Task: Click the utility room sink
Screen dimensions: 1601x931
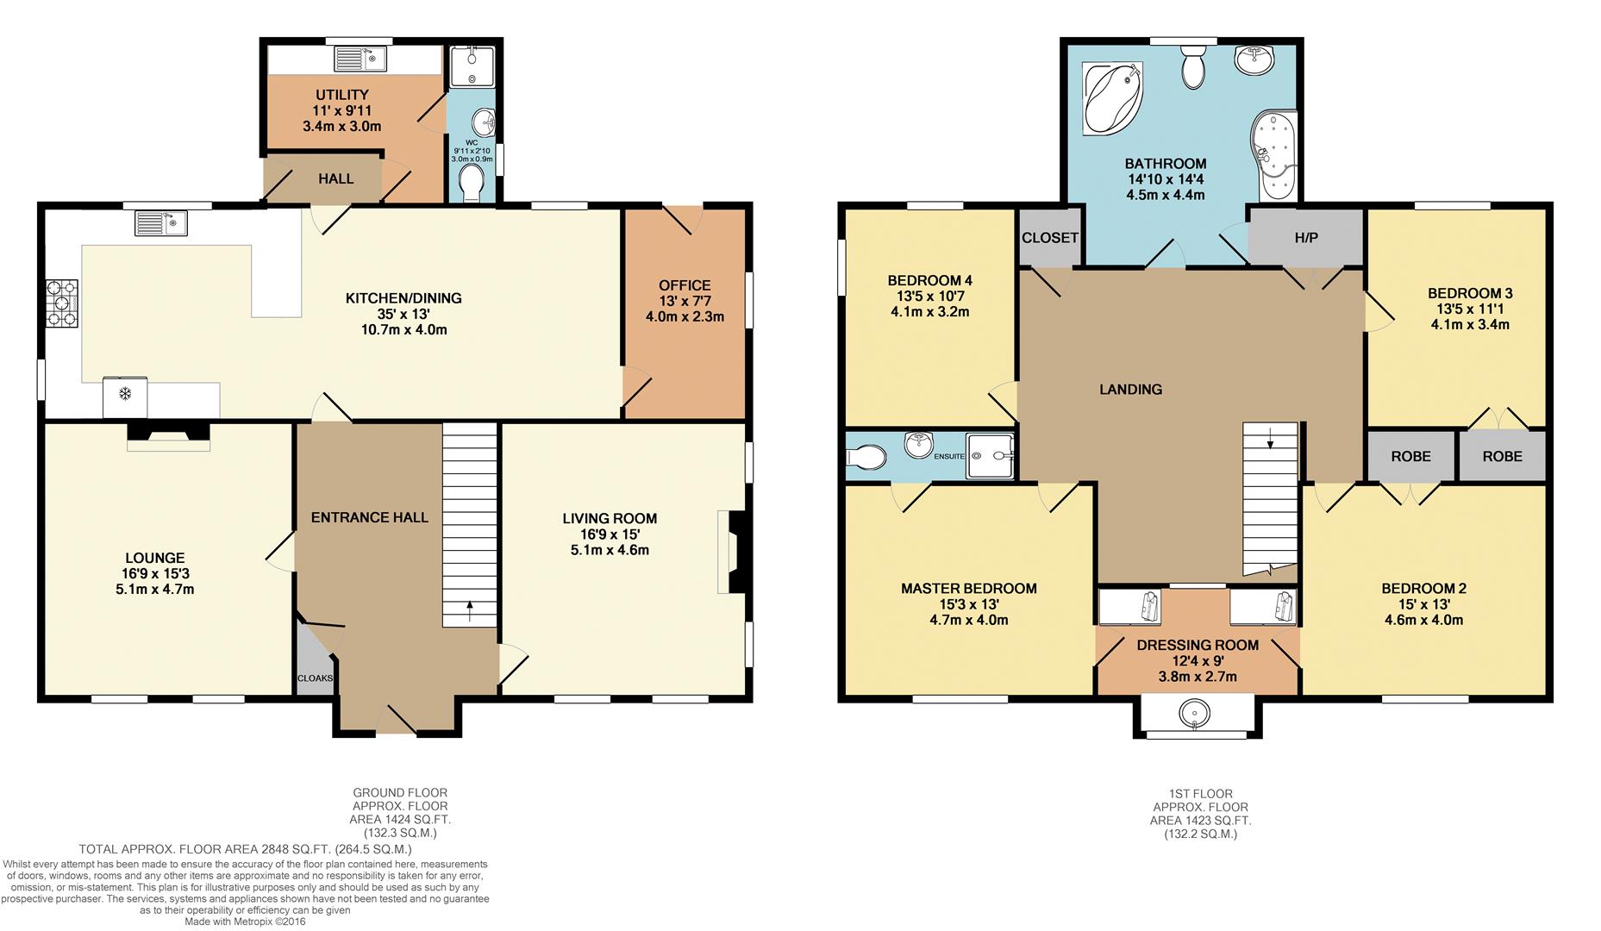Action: tap(362, 59)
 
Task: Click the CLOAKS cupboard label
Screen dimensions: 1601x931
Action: tap(315, 678)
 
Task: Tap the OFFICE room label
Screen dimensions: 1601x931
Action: tap(685, 285)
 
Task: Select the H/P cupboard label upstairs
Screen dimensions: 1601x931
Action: tap(1306, 238)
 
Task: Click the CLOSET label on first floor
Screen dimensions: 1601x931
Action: tap(1050, 237)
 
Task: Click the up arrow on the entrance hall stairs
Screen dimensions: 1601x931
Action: tap(470, 611)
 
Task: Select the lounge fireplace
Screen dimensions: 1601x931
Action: tap(168, 435)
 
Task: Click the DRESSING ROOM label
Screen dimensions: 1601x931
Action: tap(1198, 645)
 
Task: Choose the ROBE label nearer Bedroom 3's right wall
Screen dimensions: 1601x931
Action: tap(1502, 456)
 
